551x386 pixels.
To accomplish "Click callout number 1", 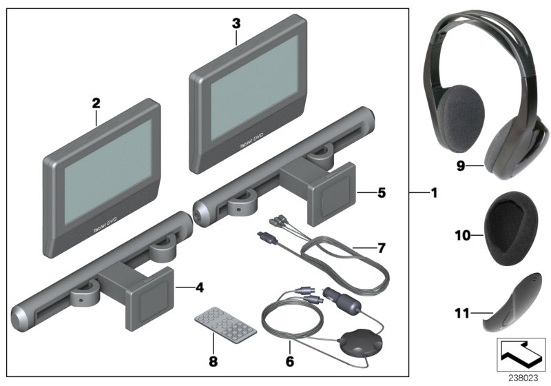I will coord(434,194).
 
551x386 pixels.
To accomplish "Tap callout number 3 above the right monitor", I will coord(236,23).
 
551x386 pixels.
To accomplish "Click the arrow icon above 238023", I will coord(523,355).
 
